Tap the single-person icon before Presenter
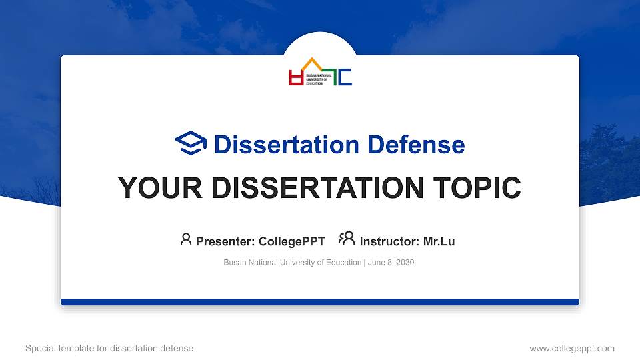[x=186, y=239]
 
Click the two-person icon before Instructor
[x=347, y=239]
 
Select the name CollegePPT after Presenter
[x=293, y=241]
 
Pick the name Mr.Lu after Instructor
[x=439, y=241]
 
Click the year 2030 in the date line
[x=404, y=263]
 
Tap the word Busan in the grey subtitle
[x=235, y=263]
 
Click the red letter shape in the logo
[x=295, y=78]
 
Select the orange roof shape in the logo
[x=311, y=64]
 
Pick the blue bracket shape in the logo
[x=345, y=77]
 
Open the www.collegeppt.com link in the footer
[x=571, y=348]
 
